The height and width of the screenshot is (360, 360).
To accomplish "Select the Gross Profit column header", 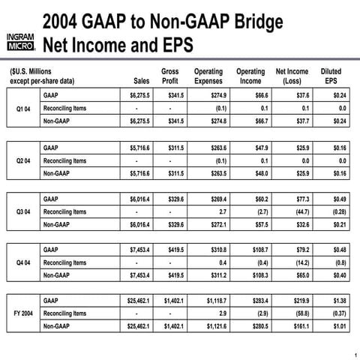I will click(170, 76).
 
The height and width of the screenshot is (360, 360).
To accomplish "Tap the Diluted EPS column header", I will click(330, 76).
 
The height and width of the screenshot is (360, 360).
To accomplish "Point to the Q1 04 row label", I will click(23, 108).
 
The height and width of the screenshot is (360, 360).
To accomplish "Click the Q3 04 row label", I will click(23, 211).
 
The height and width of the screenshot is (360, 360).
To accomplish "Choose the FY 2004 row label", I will click(23, 313).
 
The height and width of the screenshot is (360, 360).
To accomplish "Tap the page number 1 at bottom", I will click(352, 354).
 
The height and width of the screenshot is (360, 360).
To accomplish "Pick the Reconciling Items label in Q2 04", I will click(65, 160).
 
